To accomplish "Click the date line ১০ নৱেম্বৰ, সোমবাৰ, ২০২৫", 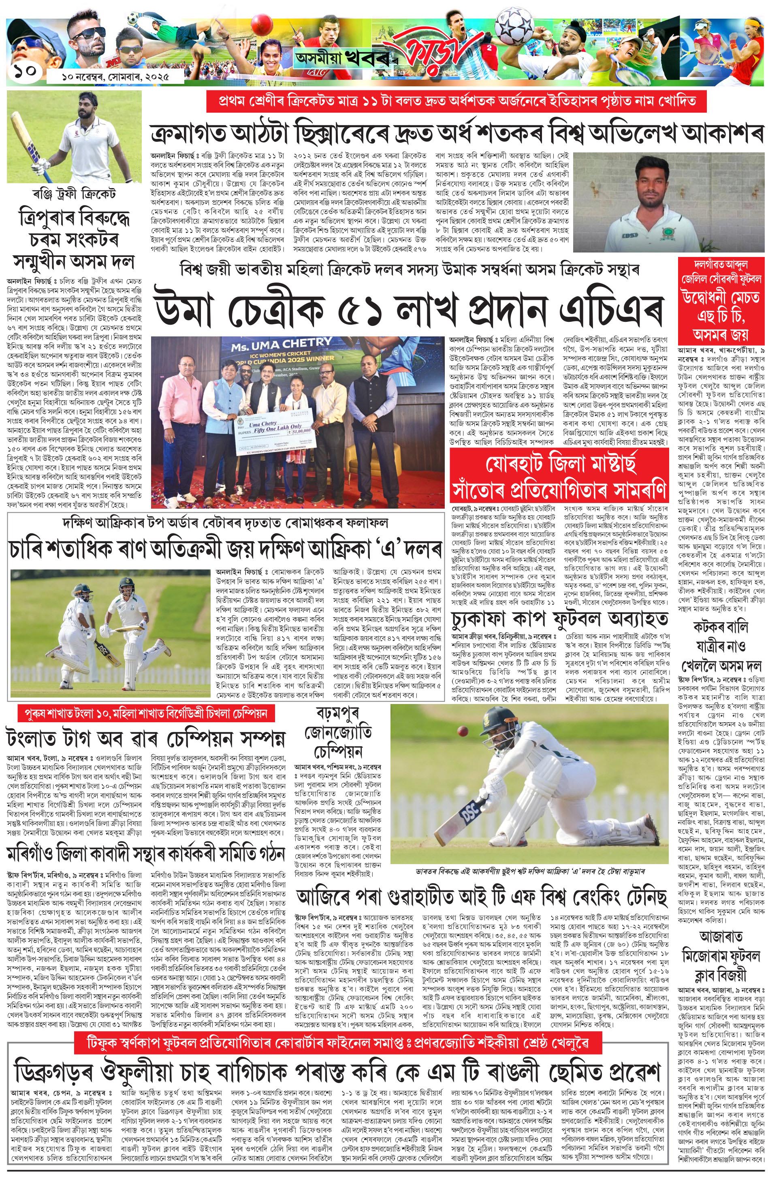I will pyautogui.click(x=115, y=77).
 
